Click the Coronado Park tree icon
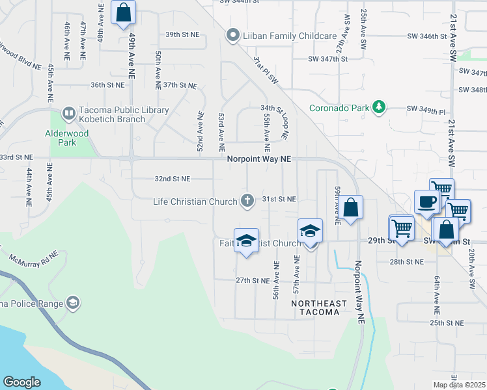(378, 107)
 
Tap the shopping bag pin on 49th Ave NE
(123, 12)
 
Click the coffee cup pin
(426, 201)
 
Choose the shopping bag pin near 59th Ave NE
(350, 208)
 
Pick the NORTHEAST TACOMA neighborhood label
(315, 307)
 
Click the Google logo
(21, 382)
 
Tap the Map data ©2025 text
(459, 384)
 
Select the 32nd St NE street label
(172, 179)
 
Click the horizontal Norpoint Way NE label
(259, 158)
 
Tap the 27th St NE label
(253, 280)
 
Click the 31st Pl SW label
(266, 71)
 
